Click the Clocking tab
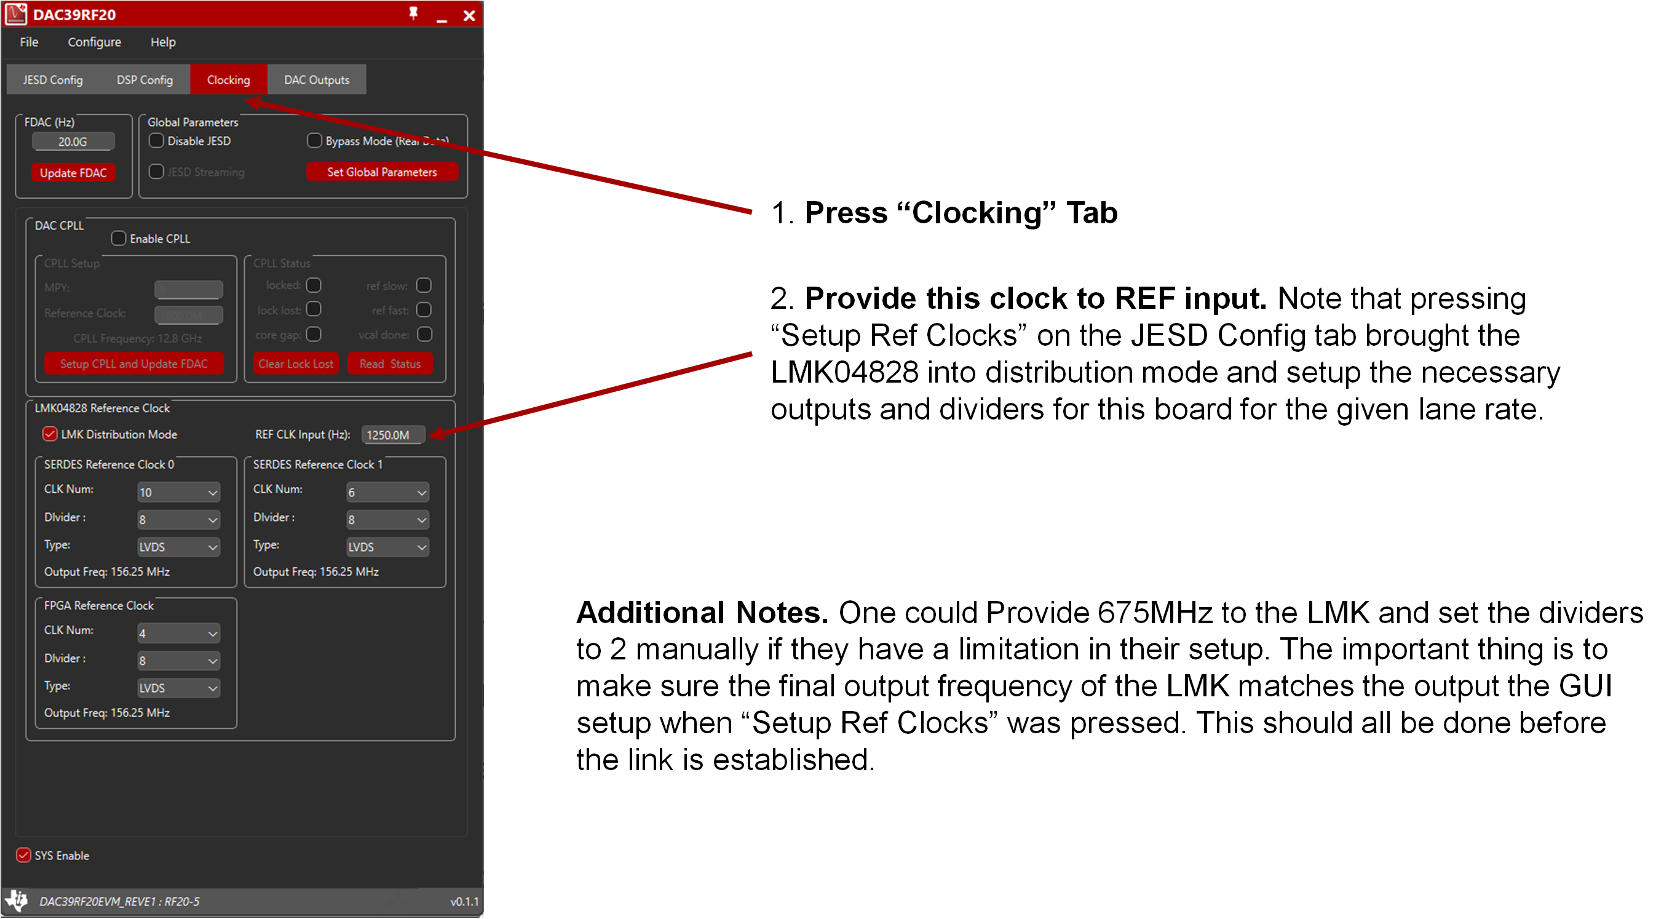point(228,80)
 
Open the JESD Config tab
point(52,80)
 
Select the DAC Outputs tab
point(316,80)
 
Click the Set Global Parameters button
point(382,172)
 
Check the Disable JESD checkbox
point(156,141)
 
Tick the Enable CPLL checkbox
point(118,238)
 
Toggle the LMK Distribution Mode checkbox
point(50,434)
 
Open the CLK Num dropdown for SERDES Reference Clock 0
point(178,492)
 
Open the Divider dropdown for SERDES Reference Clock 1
point(387,520)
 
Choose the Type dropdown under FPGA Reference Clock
point(178,688)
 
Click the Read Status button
point(389,364)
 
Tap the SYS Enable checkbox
point(23,856)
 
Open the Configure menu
point(94,42)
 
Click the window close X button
point(469,15)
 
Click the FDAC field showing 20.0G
point(73,141)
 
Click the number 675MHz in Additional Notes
point(1155,613)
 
